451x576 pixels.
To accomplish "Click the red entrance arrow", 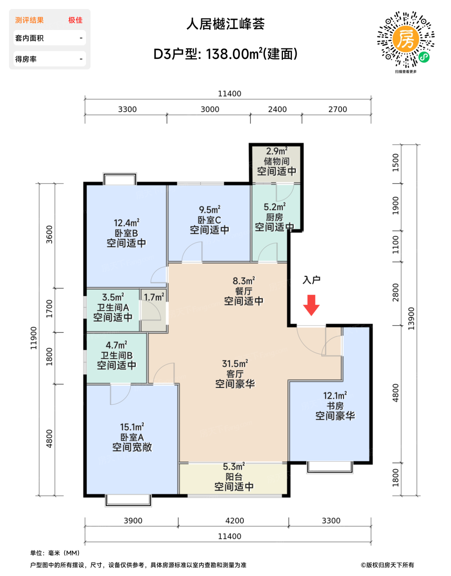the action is click(x=311, y=305).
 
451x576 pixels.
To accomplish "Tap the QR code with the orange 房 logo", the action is click(x=406, y=39).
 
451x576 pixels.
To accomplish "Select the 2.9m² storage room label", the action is click(x=277, y=151).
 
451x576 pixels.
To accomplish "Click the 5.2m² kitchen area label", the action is click(x=275, y=207).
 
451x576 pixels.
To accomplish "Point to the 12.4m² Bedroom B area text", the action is click(x=126, y=223).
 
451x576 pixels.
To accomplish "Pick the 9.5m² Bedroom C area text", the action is click(x=210, y=210).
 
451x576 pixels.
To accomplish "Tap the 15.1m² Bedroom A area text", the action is click(x=132, y=427).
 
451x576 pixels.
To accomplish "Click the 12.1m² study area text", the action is click(x=335, y=396).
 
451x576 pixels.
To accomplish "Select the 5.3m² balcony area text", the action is click(x=234, y=467).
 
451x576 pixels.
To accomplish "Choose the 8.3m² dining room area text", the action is click(x=244, y=281).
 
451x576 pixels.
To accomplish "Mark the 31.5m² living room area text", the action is click(x=235, y=364).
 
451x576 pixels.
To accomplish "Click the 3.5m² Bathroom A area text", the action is click(x=113, y=297).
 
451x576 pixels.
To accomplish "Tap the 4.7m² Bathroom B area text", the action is click(x=117, y=345).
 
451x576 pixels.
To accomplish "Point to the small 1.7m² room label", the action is click(x=154, y=297).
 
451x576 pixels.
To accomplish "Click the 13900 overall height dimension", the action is click(x=411, y=318).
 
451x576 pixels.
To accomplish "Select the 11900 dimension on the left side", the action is click(x=33, y=338).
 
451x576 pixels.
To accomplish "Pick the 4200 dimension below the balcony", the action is click(x=234, y=520).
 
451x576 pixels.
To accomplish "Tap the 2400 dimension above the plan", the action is click(x=277, y=109).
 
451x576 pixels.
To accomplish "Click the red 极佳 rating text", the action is click(x=75, y=20).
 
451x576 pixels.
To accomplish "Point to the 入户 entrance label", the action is click(x=311, y=280).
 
